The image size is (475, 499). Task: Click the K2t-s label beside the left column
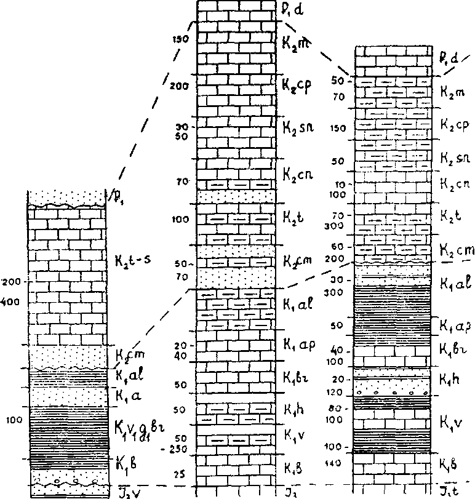(x=134, y=260)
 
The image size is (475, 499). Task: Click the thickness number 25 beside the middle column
(x=179, y=475)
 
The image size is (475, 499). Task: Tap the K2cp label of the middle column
(x=297, y=85)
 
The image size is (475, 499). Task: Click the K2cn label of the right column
(x=455, y=183)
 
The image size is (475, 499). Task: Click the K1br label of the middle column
(x=295, y=375)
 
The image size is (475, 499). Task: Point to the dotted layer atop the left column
(x=66, y=197)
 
